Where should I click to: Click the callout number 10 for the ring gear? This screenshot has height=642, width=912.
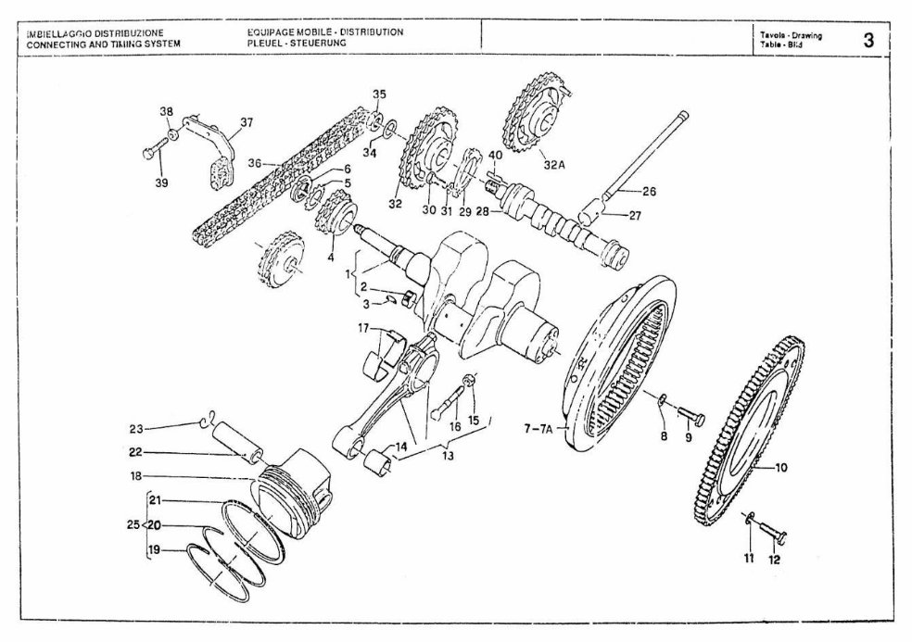pos(781,468)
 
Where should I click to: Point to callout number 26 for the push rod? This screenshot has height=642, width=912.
pos(649,192)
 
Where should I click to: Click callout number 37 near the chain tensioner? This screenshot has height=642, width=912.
pos(246,121)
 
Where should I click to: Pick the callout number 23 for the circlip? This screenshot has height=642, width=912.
pos(136,428)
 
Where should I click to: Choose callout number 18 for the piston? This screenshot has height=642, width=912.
pos(136,476)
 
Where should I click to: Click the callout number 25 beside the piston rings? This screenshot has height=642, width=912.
pos(133,524)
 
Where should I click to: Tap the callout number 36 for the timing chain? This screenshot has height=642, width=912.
pos(255,161)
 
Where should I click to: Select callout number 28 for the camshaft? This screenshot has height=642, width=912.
pos(482,212)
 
